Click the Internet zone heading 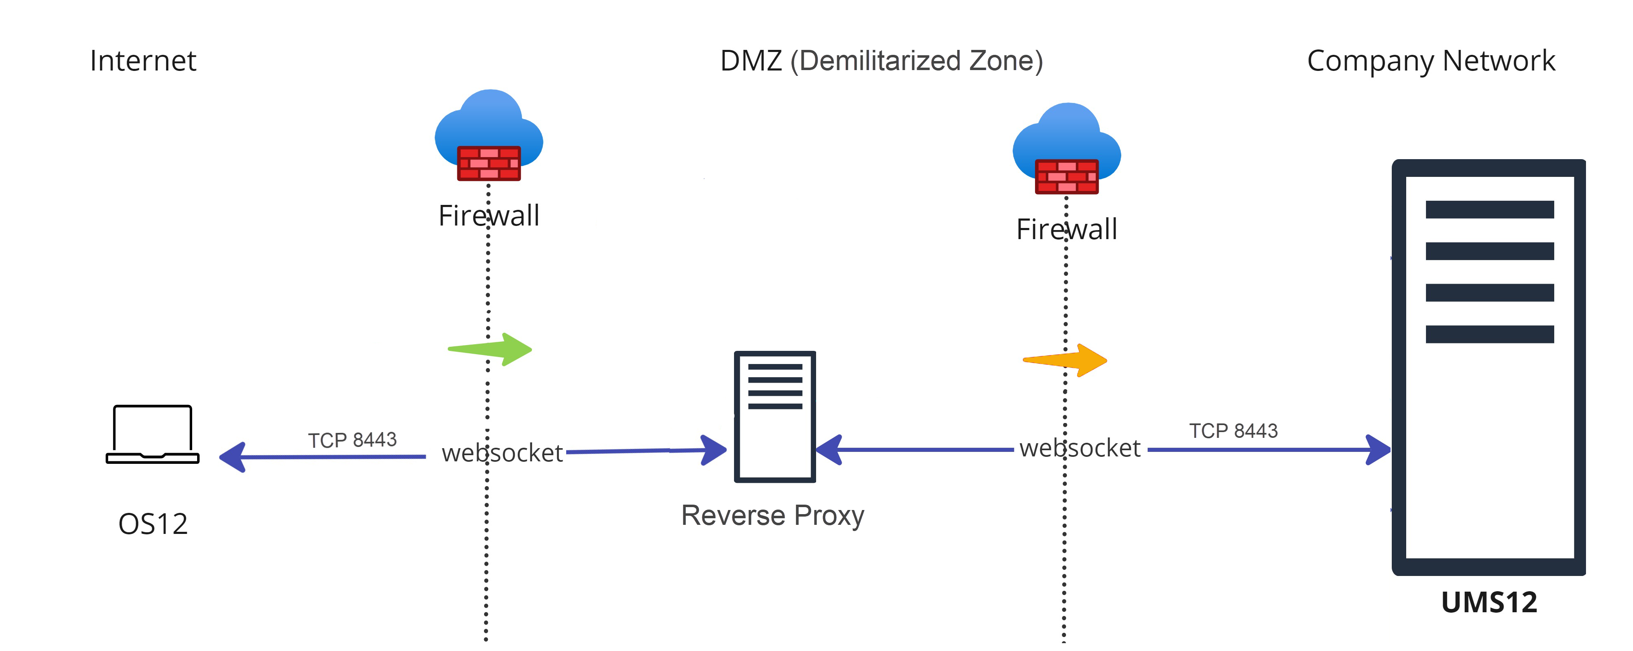pos(143,61)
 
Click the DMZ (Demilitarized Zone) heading pos(881,61)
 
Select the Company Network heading pos(1431,61)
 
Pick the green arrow pos(491,349)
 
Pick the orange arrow pos(1067,360)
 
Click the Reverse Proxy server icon pos(775,416)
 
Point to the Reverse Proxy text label pos(772,515)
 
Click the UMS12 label pos(1489,602)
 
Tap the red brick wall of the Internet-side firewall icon pos(489,164)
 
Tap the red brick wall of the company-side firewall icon pos(1066,177)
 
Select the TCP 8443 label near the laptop pos(353,440)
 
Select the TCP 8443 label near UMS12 pos(1233,431)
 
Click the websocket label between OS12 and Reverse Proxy pos(502,453)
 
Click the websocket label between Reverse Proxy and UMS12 pos(1080,448)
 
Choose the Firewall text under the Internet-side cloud pos(489,216)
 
